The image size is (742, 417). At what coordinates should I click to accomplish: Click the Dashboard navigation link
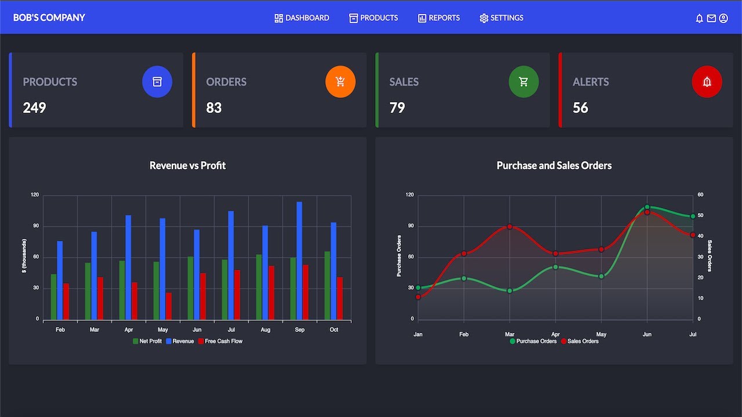pyautogui.click(x=301, y=18)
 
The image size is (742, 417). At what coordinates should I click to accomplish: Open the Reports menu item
pyautogui.click(x=439, y=18)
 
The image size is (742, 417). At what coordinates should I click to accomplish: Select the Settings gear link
pyautogui.click(x=501, y=18)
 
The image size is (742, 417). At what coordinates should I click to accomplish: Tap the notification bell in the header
pyautogui.click(x=699, y=19)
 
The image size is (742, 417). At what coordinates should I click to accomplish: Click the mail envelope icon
pyautogui.click(x=711, y=19)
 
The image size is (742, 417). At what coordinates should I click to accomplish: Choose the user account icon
pyautogui.click(x=723, y=19)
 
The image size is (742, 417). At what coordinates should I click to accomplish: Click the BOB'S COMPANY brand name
pyautogui.click(x=49, y=18)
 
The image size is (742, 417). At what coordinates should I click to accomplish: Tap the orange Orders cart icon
pyautogui.click(x=340, y=82)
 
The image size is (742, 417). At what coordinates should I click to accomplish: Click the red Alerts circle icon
pyautogui.click(x=707, y=82)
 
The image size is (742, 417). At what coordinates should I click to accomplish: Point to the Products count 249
pyautogui.click(x=34, y=108)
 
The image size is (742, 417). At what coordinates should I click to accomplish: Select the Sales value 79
pyautogui.click(x=397, y=108)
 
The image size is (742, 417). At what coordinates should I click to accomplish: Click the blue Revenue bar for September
pyautogui.click(x=299, y=261)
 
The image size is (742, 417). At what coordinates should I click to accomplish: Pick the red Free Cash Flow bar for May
pyautogui.click(x=169, y=306)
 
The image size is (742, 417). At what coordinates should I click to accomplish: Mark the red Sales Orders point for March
pyautogui.click(x=510, y=226)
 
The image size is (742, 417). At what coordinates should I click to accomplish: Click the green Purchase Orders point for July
pyautogui.click(x=693, y=217)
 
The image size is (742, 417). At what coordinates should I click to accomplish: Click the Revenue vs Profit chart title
pyautogui.click(x=187, y=166)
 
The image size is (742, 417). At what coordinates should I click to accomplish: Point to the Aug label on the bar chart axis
pyautogui.click(x=265, y=330)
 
